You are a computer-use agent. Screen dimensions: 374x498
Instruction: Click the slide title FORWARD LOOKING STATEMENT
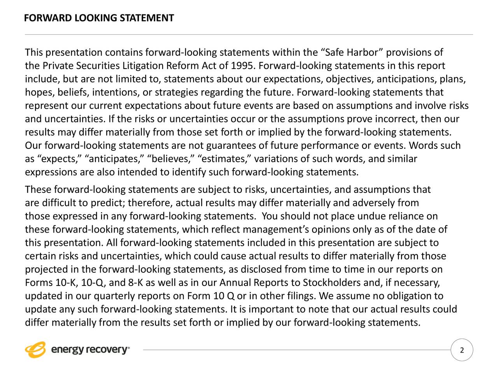[99, 18]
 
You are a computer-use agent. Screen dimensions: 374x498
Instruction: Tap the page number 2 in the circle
[462, 350]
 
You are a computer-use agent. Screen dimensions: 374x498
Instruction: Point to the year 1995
[241, 66]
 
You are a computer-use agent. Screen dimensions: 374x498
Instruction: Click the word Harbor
[362, 53]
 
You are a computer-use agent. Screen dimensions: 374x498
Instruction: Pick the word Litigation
[143, 66]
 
